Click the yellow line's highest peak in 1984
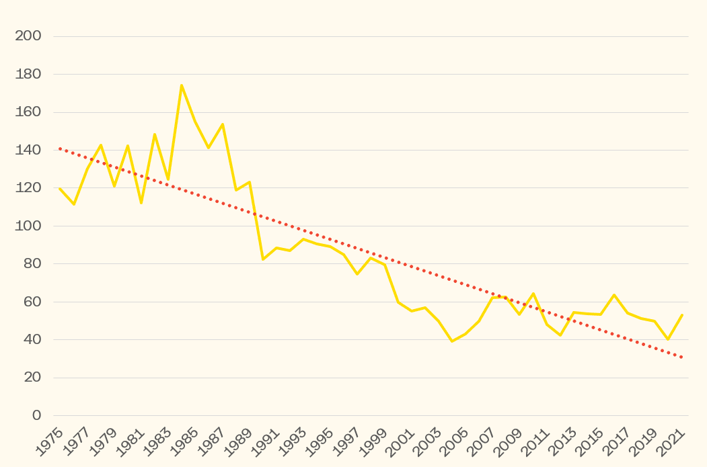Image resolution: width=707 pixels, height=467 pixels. click(182, 85)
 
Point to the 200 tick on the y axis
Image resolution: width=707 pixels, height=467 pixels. click(28, 36)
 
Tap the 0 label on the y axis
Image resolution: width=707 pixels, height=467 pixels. click(37, 415)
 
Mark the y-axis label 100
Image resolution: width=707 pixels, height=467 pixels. click(28, 226)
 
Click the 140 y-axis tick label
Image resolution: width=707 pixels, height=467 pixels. click(28, 150)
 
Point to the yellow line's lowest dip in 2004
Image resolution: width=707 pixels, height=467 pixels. click(452, 341)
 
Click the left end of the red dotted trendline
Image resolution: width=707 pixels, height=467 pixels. click(60, 148)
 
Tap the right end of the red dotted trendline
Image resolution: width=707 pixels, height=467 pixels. click(682, 357)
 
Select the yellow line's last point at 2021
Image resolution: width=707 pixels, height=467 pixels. click(682, 314)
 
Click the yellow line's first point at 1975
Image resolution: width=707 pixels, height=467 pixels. click(60, 188)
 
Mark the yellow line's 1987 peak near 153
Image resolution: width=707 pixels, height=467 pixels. click(222, 124)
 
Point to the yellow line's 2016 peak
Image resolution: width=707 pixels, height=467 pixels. click(614, 294)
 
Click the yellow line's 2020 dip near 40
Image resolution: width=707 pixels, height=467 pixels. click(668, 339)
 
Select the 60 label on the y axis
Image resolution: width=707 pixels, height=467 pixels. click(32, 302)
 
